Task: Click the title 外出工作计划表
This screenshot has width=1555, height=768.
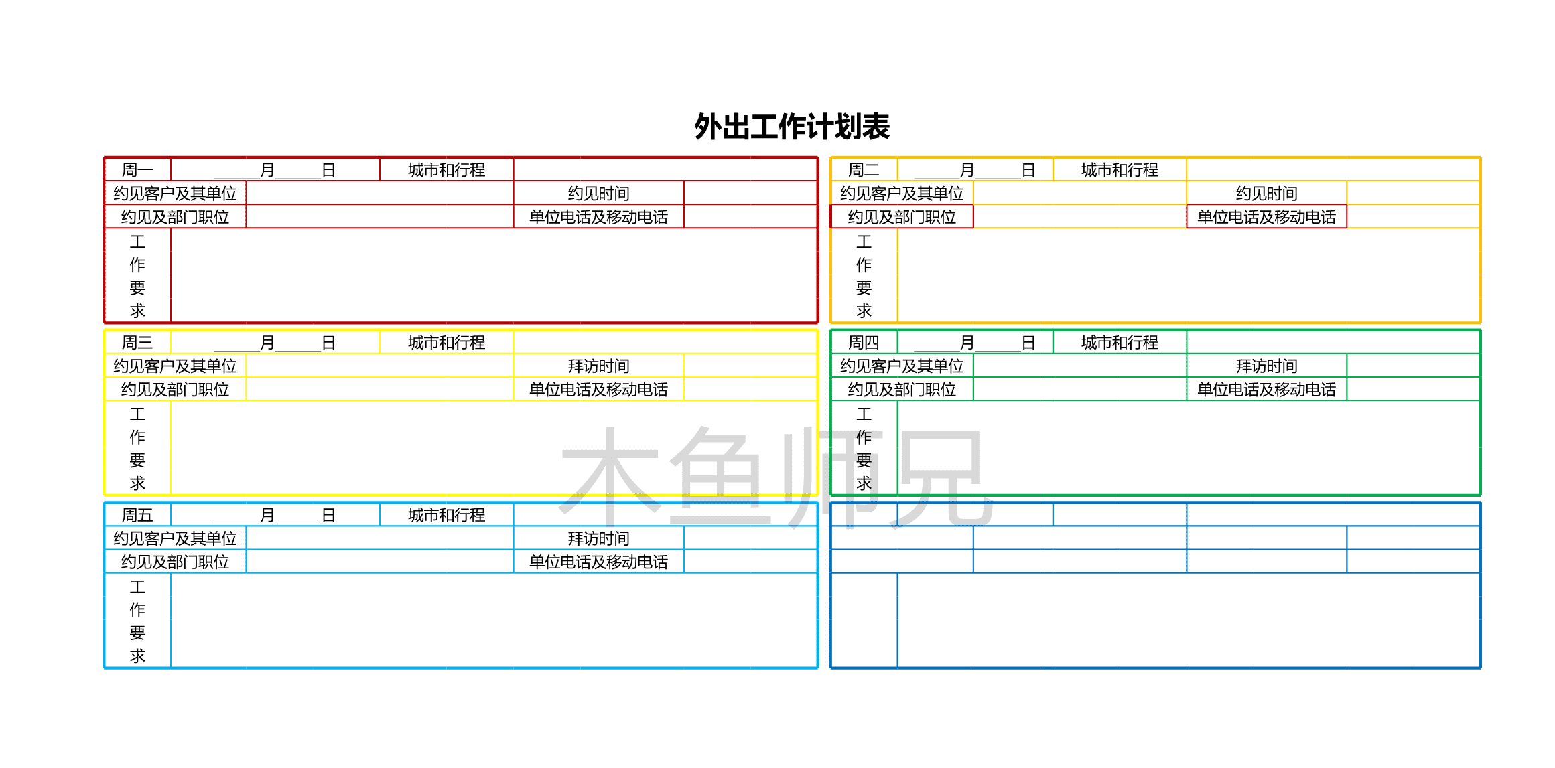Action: tap(791, 127)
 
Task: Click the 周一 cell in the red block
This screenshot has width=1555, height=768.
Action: tap(137, 170)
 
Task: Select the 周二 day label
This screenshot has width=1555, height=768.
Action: tap(864, 170)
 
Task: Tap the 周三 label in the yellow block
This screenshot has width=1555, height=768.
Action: tap(137, 343)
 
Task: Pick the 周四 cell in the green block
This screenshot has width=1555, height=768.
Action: tap(864, 343)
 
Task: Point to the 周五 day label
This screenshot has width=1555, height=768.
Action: tap(137, 515)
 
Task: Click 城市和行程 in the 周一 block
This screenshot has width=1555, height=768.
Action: tap(446, 170)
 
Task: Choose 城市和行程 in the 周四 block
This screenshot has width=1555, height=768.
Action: tap(1120, 343)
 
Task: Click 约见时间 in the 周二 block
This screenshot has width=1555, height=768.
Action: tap(1266, 194)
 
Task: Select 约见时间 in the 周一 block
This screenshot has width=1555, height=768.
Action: tap(598, 194)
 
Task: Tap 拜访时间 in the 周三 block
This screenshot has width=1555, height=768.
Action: tap(598, 366)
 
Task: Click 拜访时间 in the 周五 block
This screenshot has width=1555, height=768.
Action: tap(598, 538)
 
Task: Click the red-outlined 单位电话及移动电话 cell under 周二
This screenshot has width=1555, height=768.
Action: tap(1266, 217)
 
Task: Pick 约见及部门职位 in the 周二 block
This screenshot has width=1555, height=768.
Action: tap(902, 217)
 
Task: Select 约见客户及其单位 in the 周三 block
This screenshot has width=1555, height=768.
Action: tap(175, 366)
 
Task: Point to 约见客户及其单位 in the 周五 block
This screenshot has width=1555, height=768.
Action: tap(175, 538)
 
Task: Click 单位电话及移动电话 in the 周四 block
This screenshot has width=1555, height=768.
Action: tap(1266, 390)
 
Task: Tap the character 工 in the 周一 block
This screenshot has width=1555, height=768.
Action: tap(137, 242)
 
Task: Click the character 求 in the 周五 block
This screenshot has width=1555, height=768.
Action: tap(137, 656)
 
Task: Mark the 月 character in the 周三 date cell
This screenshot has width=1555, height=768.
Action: tap(267, 343)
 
